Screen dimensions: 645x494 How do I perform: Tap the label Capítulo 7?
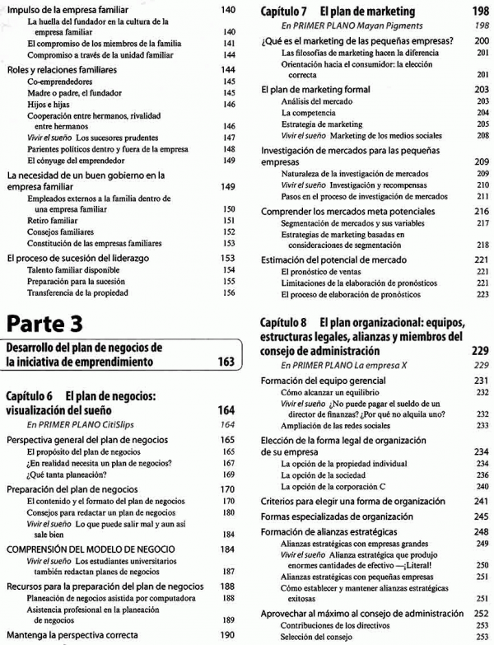[284, 12]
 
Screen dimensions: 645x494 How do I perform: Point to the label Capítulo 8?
[284, 321]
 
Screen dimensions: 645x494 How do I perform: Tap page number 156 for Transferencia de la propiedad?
[230, 292]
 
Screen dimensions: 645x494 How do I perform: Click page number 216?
[482, 211]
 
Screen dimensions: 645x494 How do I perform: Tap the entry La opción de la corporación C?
[336, 486]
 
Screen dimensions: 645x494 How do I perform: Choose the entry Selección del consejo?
[316, 637]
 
